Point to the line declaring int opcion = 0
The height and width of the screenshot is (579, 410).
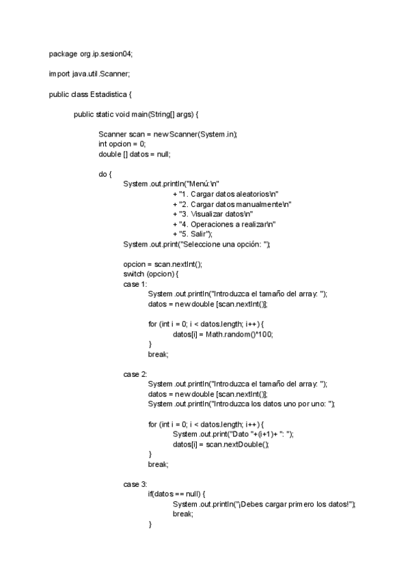(x=122, y=144)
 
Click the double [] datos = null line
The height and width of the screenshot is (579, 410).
(x=134, y=154)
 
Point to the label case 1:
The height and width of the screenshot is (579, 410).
(x=135, y=284)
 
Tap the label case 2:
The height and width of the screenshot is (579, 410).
(x=135, y=374)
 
